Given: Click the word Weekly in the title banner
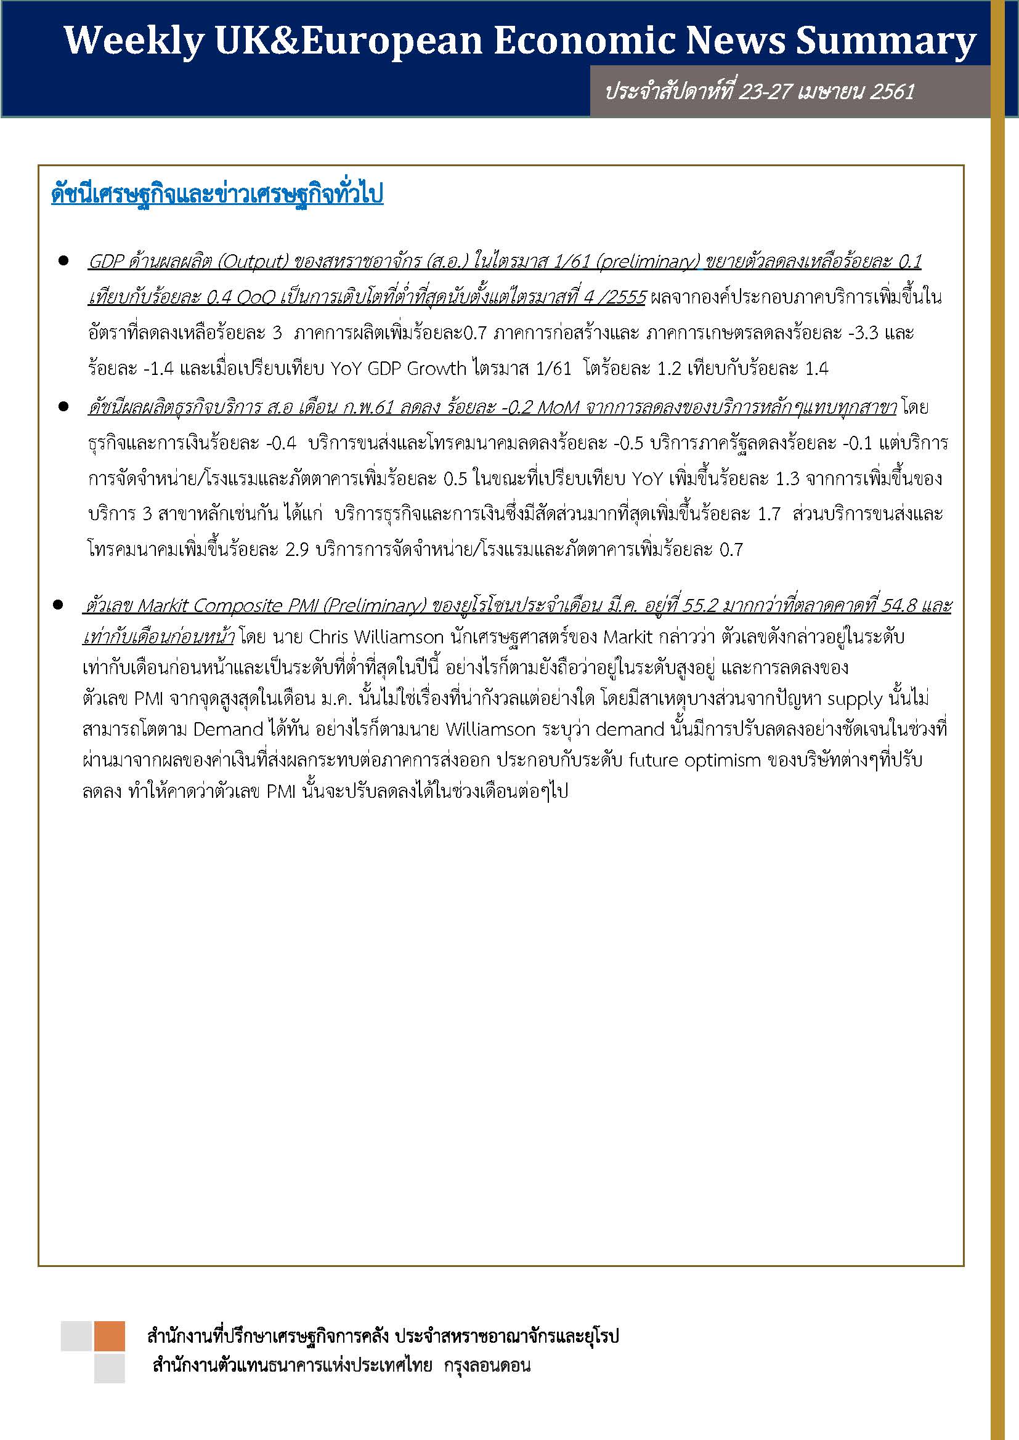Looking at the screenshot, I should point(134,41).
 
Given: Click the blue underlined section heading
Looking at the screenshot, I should point(217,195).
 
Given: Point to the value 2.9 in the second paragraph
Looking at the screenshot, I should point(298,550).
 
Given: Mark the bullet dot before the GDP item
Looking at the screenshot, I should point(63,260).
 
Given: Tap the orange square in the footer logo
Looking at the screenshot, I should point(109,1336).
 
